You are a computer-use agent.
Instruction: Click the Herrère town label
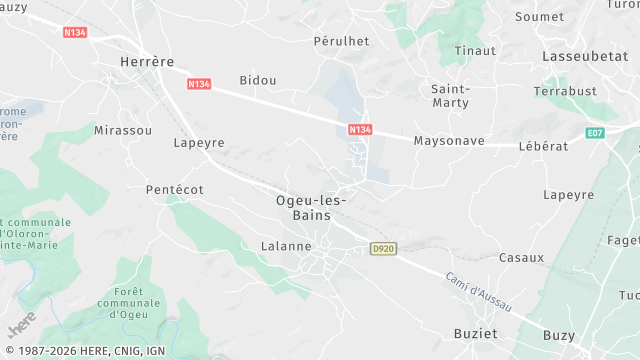coord(146,62)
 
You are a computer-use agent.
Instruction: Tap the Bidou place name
coord(258,80)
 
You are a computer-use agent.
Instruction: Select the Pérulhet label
coord(342,42)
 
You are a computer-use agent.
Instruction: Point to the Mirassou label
coord(123,131)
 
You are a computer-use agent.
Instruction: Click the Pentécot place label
coord(174,189)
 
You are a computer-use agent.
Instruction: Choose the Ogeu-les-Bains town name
coord(311,207)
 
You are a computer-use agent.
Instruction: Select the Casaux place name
coord(521,257)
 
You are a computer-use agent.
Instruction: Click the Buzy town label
coord(558,336)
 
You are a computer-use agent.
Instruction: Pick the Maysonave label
coord(449,141)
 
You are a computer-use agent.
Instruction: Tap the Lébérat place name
coord(543,146)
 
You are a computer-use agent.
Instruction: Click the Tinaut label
coord(475,51)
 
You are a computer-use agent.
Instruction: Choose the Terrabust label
coord(564,91)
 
